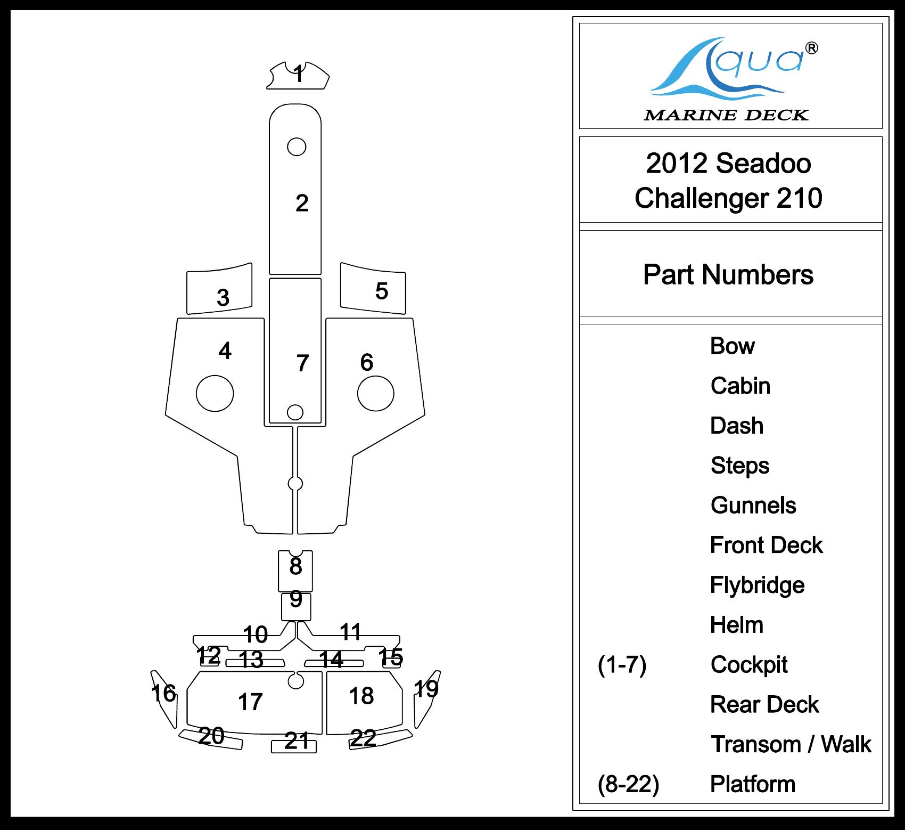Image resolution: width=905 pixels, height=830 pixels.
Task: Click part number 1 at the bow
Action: click(x=299, y=74)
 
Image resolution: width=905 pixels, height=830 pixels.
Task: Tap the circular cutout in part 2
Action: click(x=297, y=147)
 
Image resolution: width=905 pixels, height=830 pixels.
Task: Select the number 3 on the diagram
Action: click(x=223, y=298)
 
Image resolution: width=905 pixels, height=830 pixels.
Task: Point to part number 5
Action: click(x=382, y=291)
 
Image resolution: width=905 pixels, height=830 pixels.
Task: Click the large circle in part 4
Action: click(x=215, y=393)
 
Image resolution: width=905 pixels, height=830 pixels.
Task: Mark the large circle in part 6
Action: click(x=376, y=393)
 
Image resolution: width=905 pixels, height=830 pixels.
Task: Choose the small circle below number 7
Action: click(x=295, y=412)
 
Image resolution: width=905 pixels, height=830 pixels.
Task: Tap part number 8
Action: click(x=295, y=566)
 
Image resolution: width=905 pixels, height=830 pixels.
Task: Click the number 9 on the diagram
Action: click(x=296, y=600)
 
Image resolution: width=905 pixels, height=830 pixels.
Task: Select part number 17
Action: click(x=250, y=702)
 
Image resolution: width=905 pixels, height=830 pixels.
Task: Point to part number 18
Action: click(x=361, y=696)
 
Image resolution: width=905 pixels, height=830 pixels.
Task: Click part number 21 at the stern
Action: click(x=297, y=741)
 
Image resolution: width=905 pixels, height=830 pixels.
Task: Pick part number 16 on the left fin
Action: click(x=163, y=693)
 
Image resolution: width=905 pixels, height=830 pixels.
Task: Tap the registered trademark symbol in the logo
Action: click(x=812, y=48)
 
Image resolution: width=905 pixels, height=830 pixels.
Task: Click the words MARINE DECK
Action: click(x=726, y=115)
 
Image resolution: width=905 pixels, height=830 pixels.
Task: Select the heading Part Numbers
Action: click(x=728, y=275)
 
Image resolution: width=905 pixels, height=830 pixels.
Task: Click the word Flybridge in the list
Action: click(x=757, y=585)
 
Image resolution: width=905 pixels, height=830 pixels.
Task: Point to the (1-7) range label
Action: click(x=622, y=665)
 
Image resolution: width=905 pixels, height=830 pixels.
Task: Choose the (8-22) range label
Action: click(x=629, y=784)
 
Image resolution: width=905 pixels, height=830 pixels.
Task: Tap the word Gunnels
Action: click(x=753, y=506)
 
